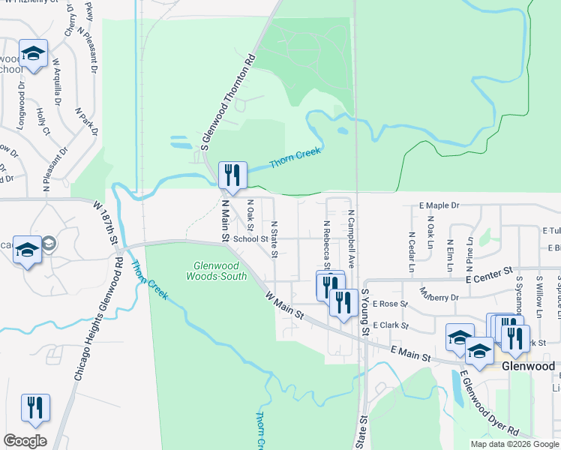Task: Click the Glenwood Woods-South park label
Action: coord(215,271)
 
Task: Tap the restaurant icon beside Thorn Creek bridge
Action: coord(232,175)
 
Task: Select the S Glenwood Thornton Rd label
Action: coord(229,102)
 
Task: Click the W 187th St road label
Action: coord(106,223)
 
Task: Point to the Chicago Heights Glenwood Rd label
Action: coord(97,319)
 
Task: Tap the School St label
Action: coord(250,239)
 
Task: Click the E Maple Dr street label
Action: coord(439,205)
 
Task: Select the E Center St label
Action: coord(488,274)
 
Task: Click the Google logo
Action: coord(25,441)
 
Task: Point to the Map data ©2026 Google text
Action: coord(514,444)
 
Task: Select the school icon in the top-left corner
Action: coord(33,54)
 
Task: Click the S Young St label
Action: coord(365,314)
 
